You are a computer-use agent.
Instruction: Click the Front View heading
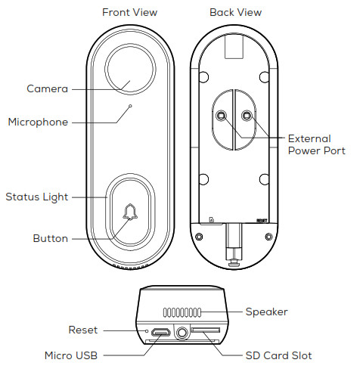pyautogui.click(x=129, y=12)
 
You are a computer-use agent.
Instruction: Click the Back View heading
pyautogui.click(x=235, y=12)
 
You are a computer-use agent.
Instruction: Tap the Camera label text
pyautogui.click(x=48, y=88)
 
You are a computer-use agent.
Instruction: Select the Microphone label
pyautogui.click(x=38, y=122)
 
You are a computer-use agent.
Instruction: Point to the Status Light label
pyautogui.click(x=37, y=197)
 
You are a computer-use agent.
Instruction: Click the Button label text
pyautogui.click(x=51, y=238)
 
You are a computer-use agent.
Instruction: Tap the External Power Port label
pyautogui.click(x=317, y=144)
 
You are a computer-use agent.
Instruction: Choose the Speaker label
pyautogui.click(x=267, y=312)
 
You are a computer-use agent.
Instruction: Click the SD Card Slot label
pyautogui.click(x=278, y=355)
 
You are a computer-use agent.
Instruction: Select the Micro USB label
pyautogui.click(x=71, y=355)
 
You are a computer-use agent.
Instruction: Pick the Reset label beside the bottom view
pyautogui.click(x=83, y=330)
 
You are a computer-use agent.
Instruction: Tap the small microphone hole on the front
pyautogui.click(x=130, y=106)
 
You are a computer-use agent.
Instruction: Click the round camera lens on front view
pyautogui.click(x=130, y=69)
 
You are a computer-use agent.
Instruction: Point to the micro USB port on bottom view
pyautogui.click(x=160, y=332)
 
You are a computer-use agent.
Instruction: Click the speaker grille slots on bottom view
pyautogui.click(x=182, y=312)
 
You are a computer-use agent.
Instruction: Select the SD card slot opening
pyautogui.click(x=206, y=330)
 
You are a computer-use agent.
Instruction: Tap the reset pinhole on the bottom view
pyautogui.click(x=147, y=330)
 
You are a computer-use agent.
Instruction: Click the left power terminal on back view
pyautogui.click(x=222, y=116)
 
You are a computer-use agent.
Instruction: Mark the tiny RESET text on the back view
pyautogui.click(x=262, y=221)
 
